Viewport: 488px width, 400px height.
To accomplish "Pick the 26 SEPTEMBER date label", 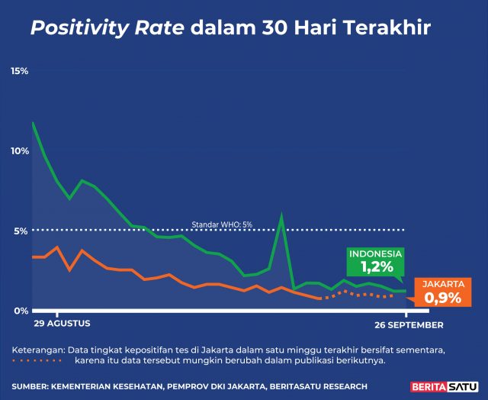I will click(x=409, y=324).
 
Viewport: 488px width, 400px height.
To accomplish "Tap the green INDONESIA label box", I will click(x=377, y=261).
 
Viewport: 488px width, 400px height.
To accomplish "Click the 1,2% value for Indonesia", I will click(x=377, y=267).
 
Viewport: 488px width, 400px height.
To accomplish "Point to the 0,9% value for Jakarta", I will click(x=442, y=298).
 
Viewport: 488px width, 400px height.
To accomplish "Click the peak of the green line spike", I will click(x=282, y=216).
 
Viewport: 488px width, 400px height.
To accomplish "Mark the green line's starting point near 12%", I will click(x=33, y=122).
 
